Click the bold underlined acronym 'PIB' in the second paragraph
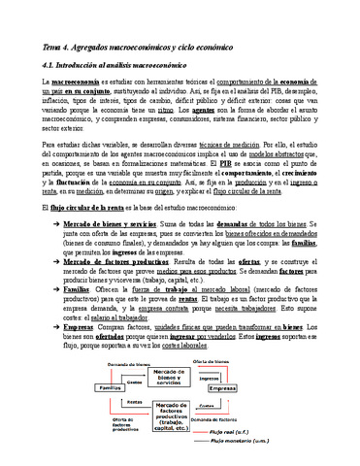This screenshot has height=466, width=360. coord(254,166)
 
